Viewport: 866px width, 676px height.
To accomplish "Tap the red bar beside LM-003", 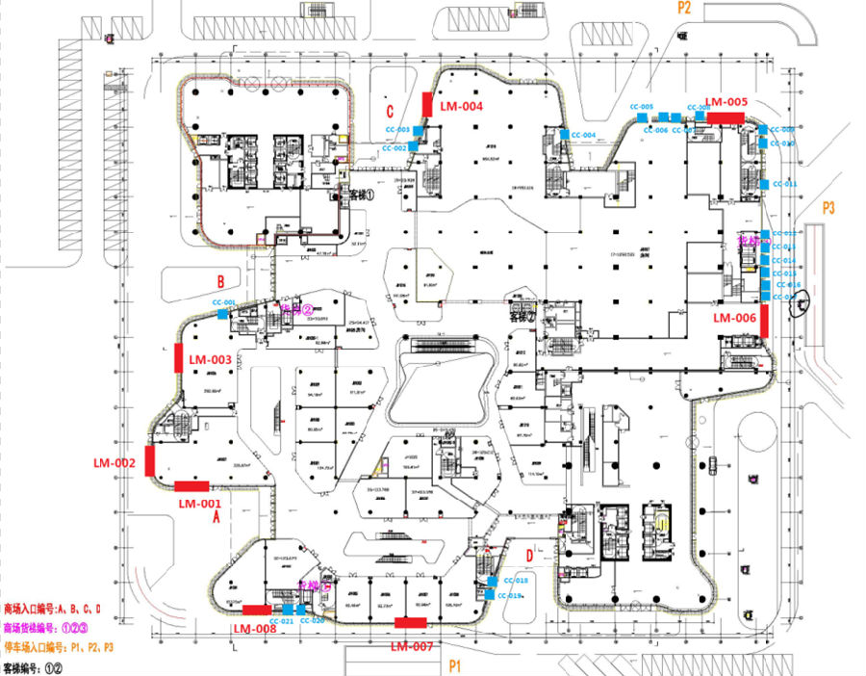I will click(x=179, y=357).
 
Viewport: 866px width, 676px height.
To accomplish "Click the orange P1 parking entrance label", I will click(x=455, y=665).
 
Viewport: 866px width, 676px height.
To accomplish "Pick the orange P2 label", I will click(x=684, y=7).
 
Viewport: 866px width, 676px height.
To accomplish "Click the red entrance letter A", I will click(x=216, y=517).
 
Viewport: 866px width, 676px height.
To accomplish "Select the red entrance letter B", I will click(x=220, y=282).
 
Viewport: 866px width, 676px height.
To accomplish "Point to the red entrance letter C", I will click(x=390, y=109).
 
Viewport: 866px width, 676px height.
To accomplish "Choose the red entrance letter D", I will click(x=529, y=554).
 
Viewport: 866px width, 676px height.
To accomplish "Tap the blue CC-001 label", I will click(x=224, y=302).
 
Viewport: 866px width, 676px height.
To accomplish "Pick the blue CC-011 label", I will click(x=784, y=183).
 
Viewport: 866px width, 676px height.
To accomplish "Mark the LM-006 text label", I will click(x=734, y=317).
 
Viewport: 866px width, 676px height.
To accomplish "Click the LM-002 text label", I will click(x=115, y=464).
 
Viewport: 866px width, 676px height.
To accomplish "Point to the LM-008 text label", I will click(x=255, y=629).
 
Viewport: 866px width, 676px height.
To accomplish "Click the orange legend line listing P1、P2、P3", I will click(x=60, y=645).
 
